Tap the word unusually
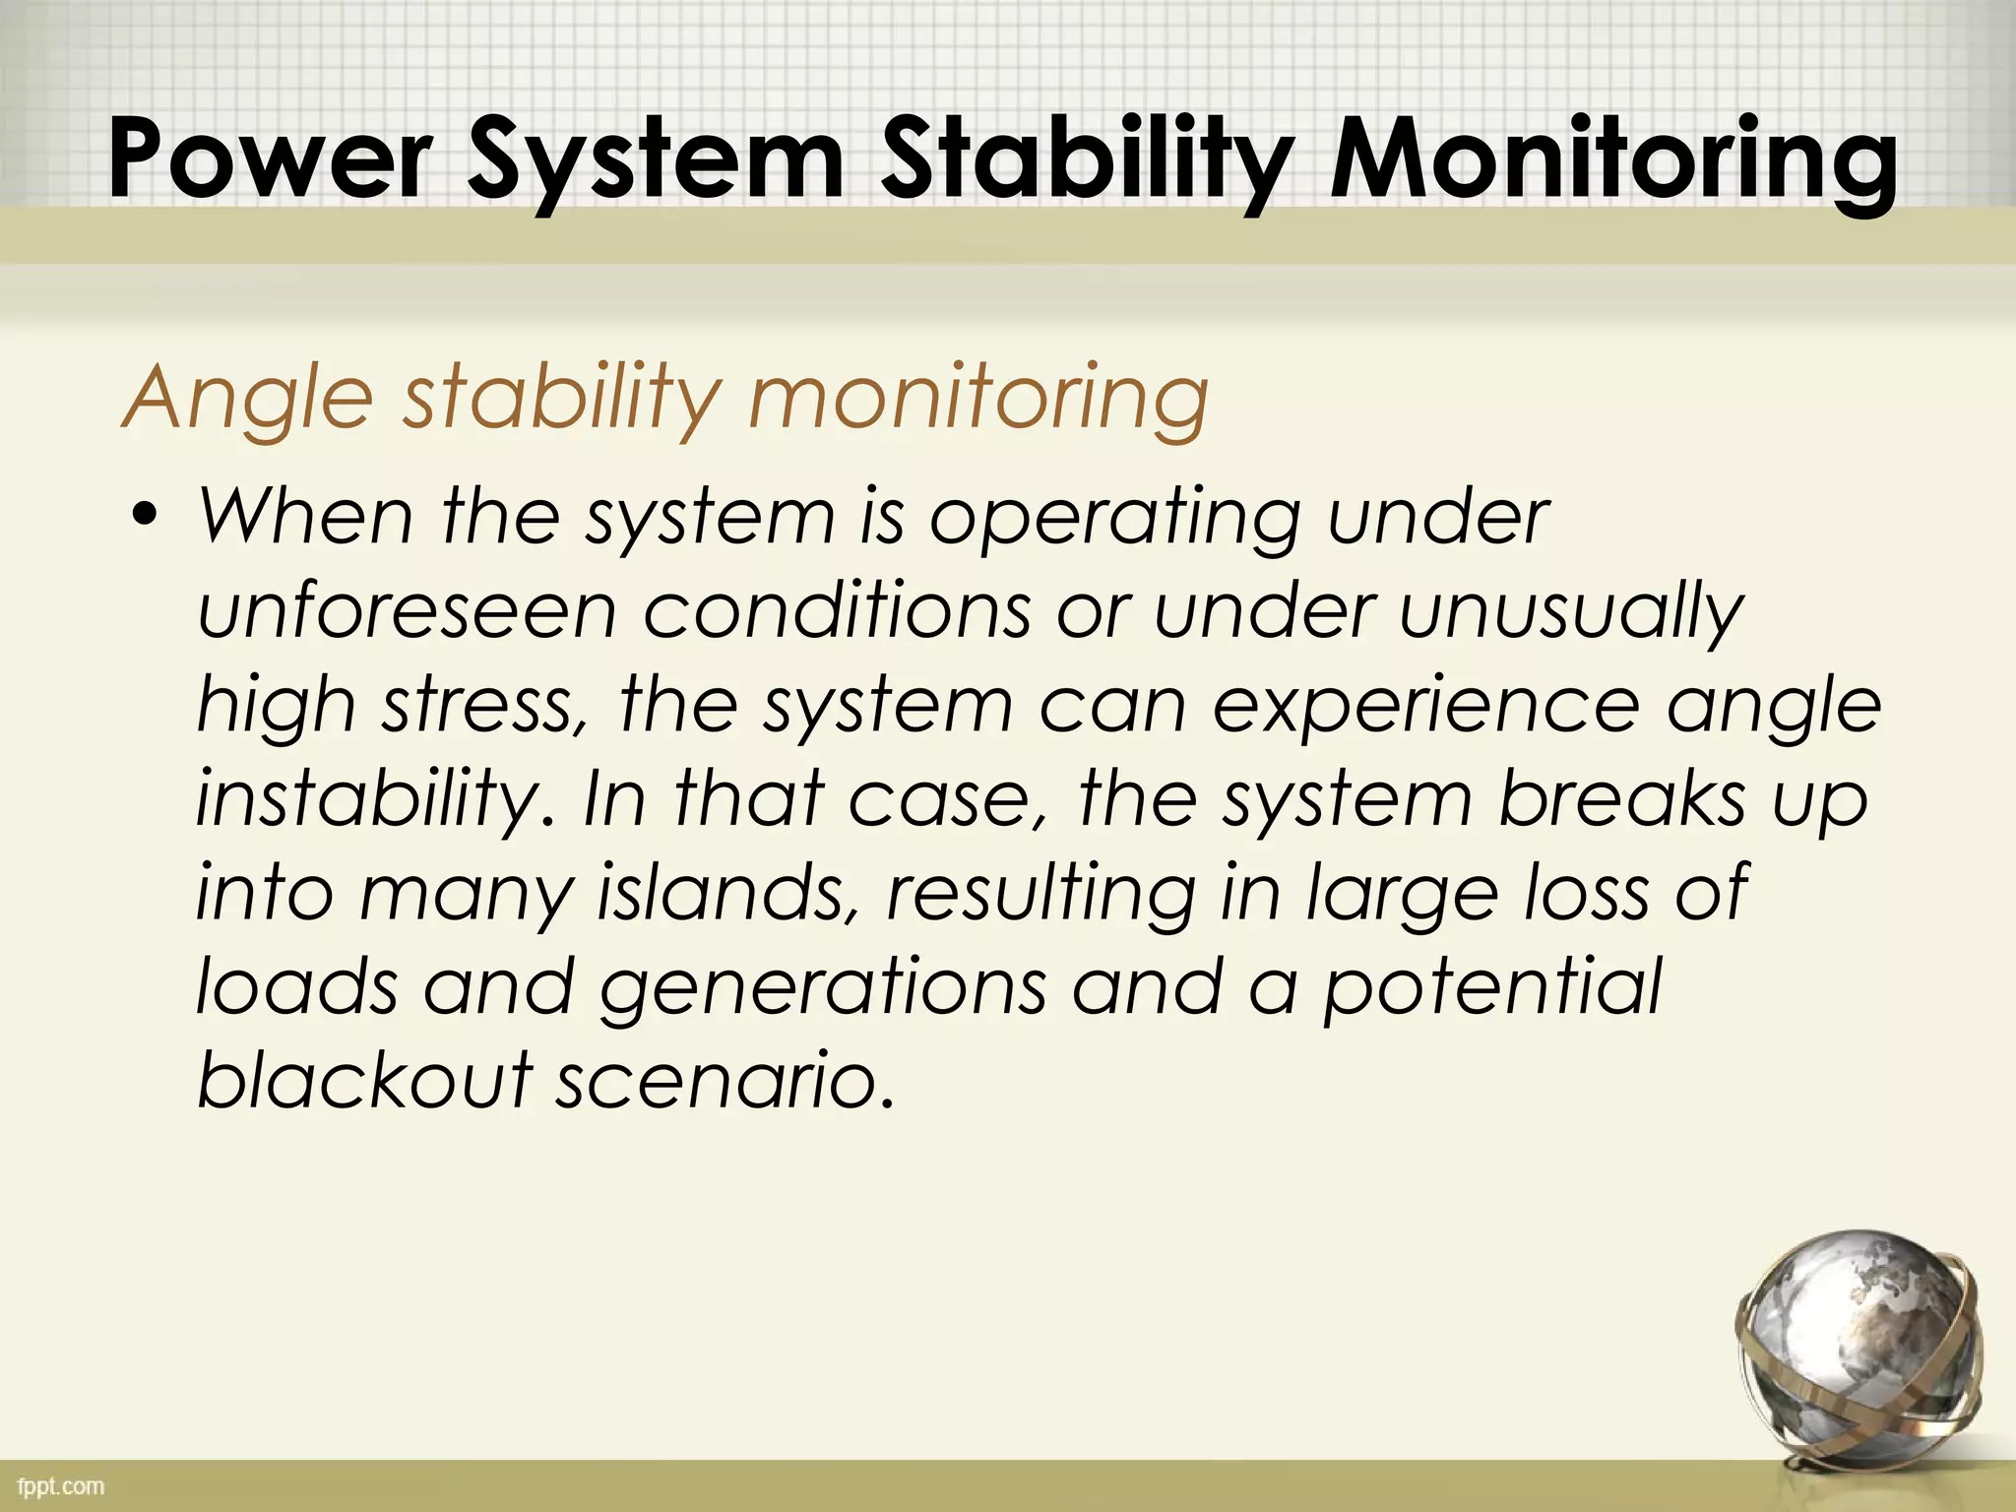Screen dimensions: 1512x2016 click(x=1571, y=612)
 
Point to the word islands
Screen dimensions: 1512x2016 click(x=729, y=892)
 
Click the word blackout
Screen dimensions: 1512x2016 click(x=365, y=1079)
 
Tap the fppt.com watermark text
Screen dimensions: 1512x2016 click(x=61, y=1486)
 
